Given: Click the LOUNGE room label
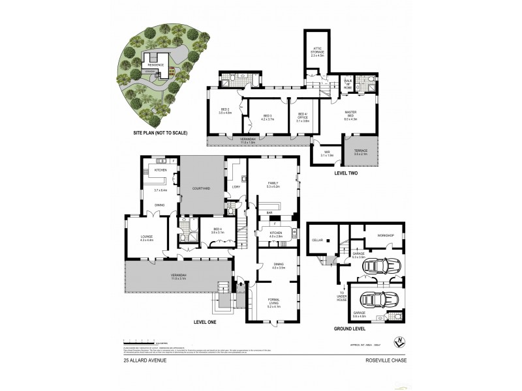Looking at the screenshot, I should (x=145, y=238).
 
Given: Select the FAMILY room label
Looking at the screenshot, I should (x=272, y=184).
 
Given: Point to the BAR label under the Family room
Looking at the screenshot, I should (x=268, y=212).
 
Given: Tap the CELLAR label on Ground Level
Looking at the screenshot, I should (x=318, y=240).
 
